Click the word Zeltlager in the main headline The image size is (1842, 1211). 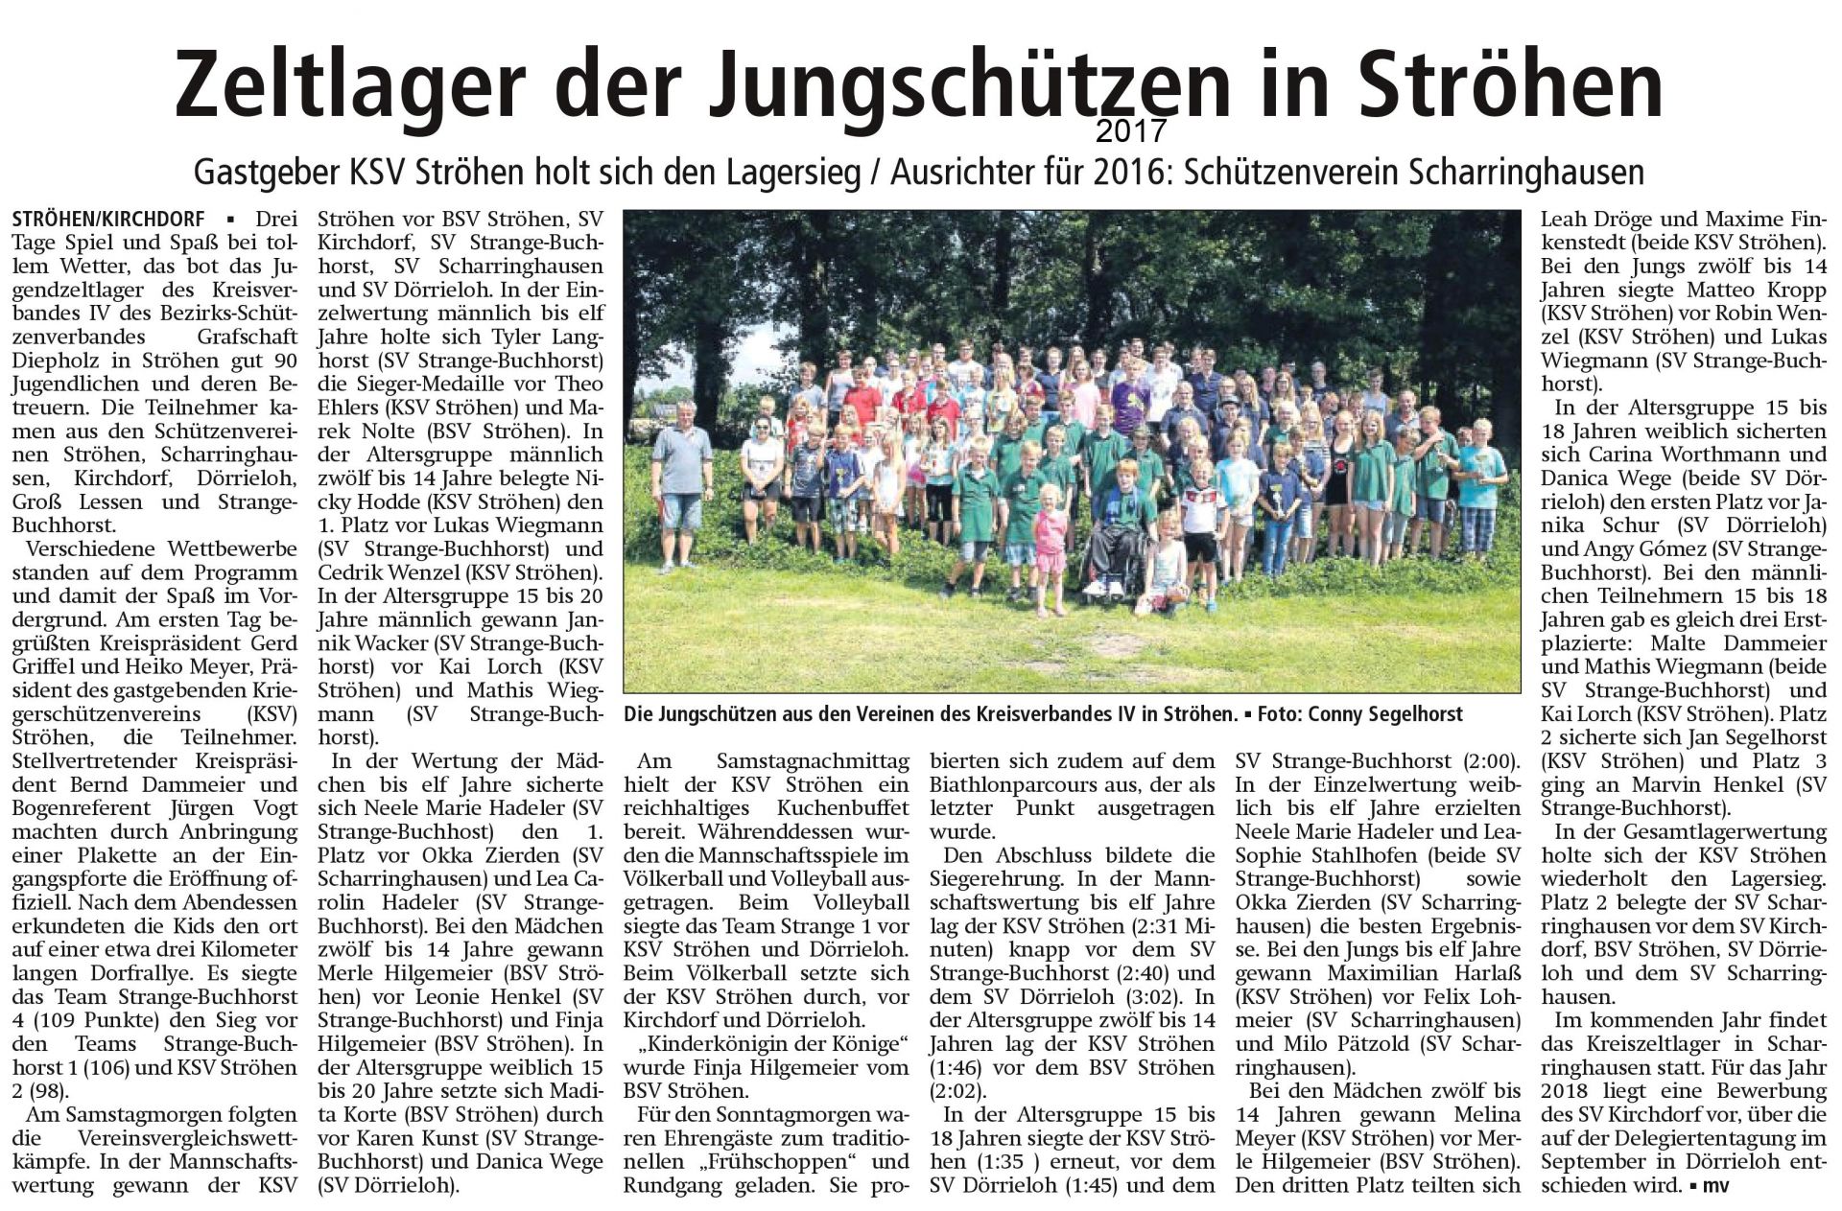[x=350, y=86]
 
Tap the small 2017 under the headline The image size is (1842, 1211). [x=1132, y=129]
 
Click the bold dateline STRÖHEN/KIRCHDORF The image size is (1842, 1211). [x=107, y=220]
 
